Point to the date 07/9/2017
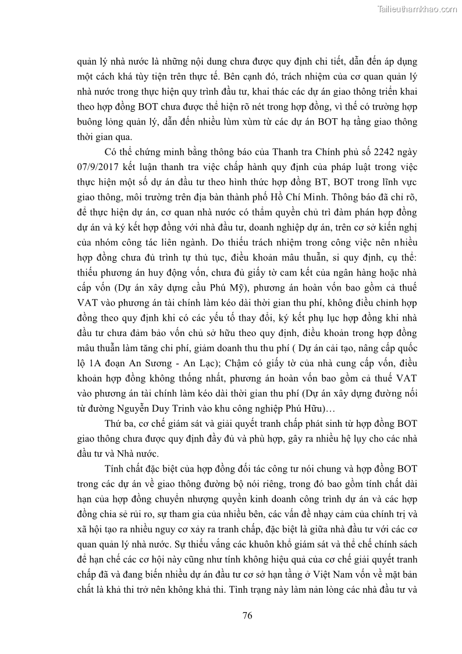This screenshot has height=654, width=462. point(99,168)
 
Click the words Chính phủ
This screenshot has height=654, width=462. point(326,153)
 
